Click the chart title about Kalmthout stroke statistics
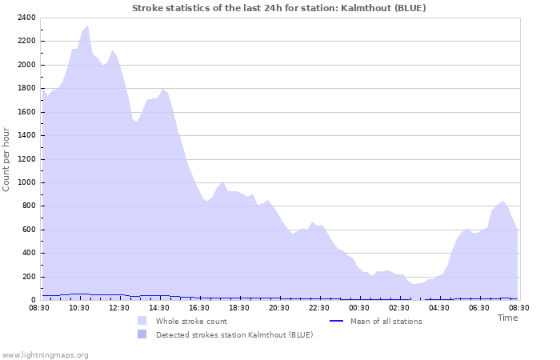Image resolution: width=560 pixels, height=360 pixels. [x=278, y=8]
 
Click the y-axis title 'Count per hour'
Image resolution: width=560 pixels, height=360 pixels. [x=7, y=158]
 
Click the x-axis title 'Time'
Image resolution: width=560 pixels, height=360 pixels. [x=507, y=318]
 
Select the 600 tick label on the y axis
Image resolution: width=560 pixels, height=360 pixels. [x=28, y=230]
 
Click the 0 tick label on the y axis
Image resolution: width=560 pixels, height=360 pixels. [x=34, y=301]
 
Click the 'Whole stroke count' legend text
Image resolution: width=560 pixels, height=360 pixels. [x=191, y=322]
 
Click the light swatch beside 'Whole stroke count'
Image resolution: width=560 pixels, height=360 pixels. [x=142, y=321]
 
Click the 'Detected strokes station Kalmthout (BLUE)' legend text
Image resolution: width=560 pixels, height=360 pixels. [x=234, y=334]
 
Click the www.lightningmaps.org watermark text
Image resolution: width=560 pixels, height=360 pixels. [x=45, y=354]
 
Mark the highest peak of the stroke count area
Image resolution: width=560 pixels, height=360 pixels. [x=87, y=26]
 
